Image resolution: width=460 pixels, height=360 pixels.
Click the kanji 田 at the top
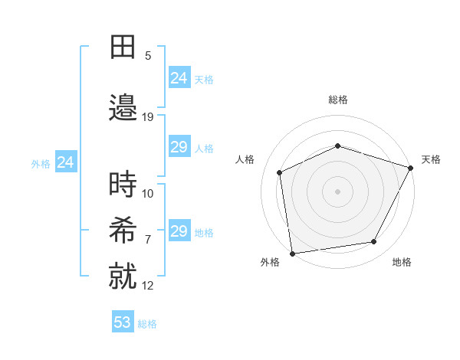123,47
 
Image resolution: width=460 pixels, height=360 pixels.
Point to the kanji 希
123,228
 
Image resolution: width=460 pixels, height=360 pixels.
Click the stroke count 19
148,117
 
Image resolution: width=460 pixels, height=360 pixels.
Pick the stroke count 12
148,286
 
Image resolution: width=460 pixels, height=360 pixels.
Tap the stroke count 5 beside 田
148,55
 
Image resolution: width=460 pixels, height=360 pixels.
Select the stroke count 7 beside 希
148,239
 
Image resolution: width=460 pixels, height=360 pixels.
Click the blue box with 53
123,322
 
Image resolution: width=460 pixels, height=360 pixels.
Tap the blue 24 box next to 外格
65,162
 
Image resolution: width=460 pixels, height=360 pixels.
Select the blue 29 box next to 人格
179,147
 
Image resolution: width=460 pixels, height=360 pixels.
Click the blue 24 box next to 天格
179,78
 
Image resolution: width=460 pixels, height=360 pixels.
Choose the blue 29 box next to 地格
179,231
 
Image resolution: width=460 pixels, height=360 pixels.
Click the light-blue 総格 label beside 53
147,324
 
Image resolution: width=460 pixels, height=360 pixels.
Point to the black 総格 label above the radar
338,100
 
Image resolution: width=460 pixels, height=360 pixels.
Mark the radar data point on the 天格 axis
411,168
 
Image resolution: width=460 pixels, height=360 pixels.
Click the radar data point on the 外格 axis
292,253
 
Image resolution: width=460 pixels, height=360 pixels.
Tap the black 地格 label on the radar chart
402,263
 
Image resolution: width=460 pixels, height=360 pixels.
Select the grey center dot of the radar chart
337,191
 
